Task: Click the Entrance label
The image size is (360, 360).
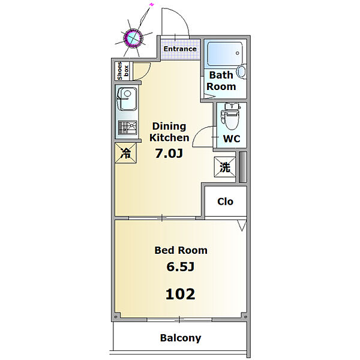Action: click(180, 49)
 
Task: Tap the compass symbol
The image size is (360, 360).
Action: click(133, 37)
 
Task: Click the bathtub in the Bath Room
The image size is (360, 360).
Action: click(223, 55)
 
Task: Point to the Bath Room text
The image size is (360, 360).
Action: click(221, 81)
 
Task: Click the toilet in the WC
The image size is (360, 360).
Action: click(230, 115)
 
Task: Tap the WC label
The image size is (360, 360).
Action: click(231, 138)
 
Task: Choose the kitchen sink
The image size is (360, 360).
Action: click(126, 100)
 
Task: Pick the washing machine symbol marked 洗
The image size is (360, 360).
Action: click(224, 167)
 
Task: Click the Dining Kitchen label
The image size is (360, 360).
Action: click(169, 132)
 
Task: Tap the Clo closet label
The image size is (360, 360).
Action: click(225, 202)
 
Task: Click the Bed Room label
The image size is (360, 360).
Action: click(181, 250)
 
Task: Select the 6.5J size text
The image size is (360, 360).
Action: click(181, 267)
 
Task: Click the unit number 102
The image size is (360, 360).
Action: click(181, 294)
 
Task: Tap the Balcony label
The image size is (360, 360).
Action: click(181, 338)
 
